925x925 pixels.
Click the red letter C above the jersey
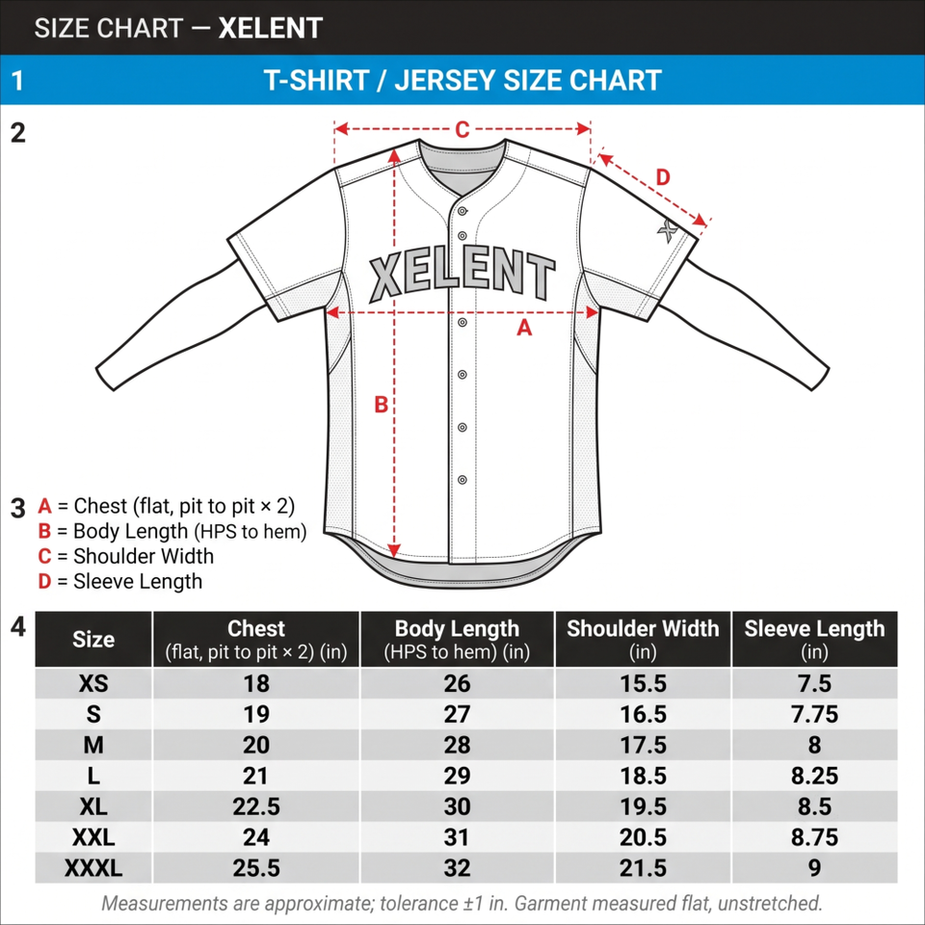point(462,129)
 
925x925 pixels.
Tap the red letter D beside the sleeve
point(663,177)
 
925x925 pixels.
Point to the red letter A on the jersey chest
point(524,327)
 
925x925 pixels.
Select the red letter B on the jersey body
point(382,405)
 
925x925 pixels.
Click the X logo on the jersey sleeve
point(668,230)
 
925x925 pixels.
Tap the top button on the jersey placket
point(462,211)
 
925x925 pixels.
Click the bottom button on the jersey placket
point(462,480)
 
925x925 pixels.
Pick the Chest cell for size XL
point(256,806)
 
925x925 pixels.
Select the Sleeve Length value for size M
point(814,745)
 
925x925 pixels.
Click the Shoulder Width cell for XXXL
point(643,868)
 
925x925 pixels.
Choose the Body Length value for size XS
point(457,684)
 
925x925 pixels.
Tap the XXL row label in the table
point(93,837)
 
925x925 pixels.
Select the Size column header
point(93,640)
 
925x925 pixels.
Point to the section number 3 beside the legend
point(18,509)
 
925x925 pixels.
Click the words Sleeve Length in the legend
point(138,582)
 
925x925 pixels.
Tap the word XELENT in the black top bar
point(270,28)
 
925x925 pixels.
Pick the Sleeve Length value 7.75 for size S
point(814,714)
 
